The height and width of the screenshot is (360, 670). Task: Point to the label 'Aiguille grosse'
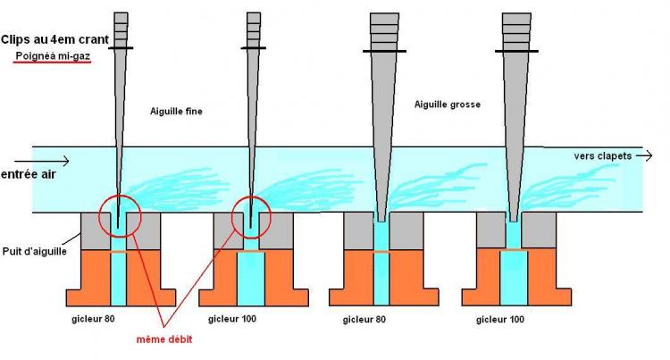coord(448,105)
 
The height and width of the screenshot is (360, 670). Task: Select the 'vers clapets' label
coord(602,155)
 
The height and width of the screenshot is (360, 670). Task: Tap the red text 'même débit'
coord(163,340)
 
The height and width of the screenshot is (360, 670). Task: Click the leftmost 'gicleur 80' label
coord(93,318)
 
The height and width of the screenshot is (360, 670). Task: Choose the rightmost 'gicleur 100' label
coord(500,318)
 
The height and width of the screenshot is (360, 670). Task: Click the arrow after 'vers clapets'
coord(644,155)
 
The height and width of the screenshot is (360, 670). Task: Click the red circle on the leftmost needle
coord(119,216)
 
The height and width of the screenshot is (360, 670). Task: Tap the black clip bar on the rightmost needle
coord(516,51)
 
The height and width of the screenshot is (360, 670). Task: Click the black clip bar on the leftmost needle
coord(120,47)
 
